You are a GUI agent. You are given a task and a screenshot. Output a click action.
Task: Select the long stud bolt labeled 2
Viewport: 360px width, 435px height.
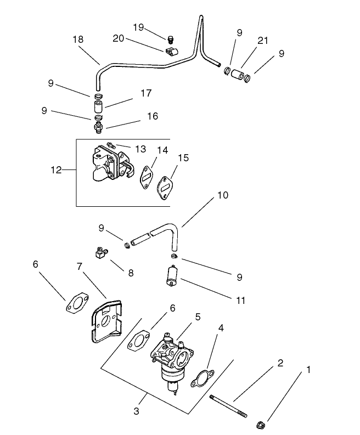228,406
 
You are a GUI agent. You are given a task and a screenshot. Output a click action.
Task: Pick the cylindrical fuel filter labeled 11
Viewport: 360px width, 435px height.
172,274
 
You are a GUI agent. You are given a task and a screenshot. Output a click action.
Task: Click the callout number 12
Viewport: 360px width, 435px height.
56,171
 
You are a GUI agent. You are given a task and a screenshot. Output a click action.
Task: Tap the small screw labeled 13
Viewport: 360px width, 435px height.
111,146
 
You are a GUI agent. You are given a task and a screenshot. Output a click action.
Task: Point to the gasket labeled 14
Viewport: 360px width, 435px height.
147,176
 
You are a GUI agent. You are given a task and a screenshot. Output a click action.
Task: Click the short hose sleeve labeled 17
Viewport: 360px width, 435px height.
98,105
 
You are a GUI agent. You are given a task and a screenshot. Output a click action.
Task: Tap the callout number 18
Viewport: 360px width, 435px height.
78,39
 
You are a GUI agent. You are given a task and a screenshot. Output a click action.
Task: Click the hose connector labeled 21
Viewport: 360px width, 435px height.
237,74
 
